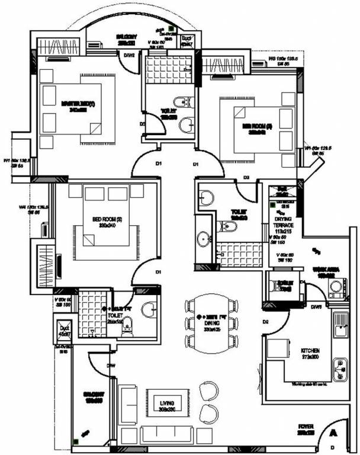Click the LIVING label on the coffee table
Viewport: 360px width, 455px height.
pyautogui.click(x=169, y=406)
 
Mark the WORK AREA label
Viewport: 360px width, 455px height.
pyautogui.click(x=324, y=271)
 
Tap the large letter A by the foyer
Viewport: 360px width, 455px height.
pyautogui.click(x=333, y=434)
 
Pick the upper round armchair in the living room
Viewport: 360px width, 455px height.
pyautogui.click(x=208, y=390)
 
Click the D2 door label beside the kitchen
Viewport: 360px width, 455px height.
pyautogui.click(x=266, y=322)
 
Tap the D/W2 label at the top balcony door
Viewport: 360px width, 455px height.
pyautogui.click(x=128, y=56)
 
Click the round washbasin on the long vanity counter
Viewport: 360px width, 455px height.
pyautogui.click(x=204, y=239)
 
